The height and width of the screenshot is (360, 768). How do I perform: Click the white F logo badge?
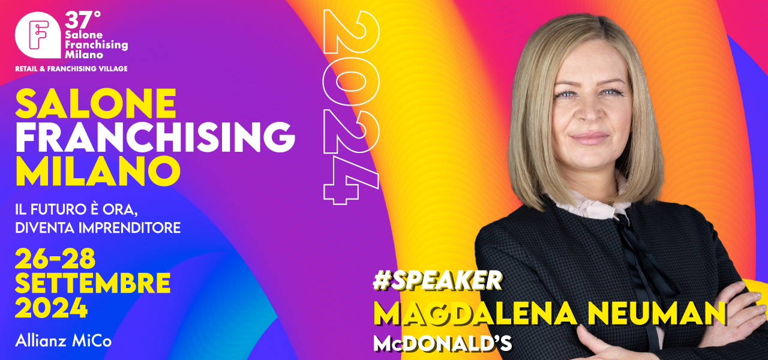[x=38, y=35]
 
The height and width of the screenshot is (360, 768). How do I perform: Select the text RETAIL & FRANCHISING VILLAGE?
[x=71, y=69]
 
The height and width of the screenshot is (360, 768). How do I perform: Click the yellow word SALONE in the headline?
[x=96, y=103]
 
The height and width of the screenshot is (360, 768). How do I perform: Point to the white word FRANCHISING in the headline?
[x=155, y=137]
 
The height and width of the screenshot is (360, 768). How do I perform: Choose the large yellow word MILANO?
[x=98, y=171]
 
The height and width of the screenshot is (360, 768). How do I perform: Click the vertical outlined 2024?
[x=352, y=107]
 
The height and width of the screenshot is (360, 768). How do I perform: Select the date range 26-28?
[x=55, y=258]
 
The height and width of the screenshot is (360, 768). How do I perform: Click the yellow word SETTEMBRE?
[x=92, y=283]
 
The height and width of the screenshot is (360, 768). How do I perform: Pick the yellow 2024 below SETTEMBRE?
[x=52, y=308]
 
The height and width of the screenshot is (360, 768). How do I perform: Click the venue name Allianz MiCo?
[x=64, y=341]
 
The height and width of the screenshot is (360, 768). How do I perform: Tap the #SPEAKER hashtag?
[x=437, y=281]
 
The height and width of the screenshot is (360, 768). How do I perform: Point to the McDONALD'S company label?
[x=442, y=344]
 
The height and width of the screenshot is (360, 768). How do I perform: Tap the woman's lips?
[x=589, y=138]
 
